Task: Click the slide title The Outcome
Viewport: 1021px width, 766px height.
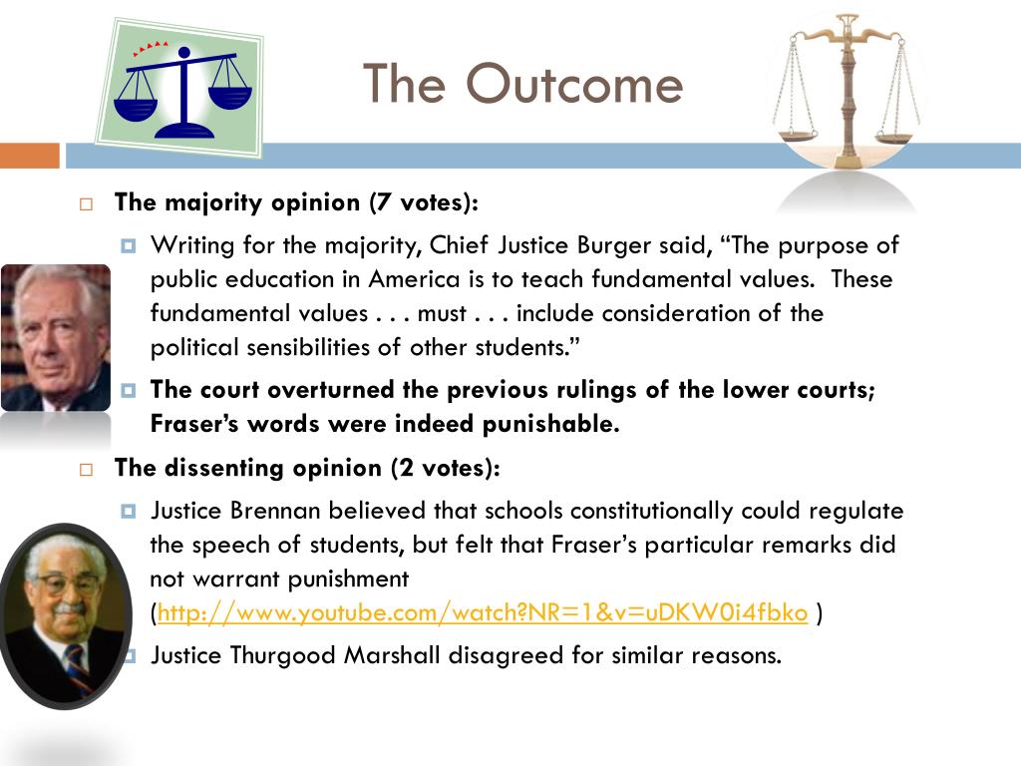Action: tap(522, 84)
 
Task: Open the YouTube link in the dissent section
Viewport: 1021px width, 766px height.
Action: tap(482, 613)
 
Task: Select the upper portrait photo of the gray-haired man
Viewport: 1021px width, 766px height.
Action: tap(55, 337)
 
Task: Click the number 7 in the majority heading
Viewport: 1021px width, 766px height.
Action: tap(377, 202)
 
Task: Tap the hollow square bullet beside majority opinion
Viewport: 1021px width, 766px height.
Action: tap(87, 203)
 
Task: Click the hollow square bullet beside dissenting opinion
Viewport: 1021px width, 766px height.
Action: tap(87, 469)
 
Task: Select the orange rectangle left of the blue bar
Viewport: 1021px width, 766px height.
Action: tap(30, 156)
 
